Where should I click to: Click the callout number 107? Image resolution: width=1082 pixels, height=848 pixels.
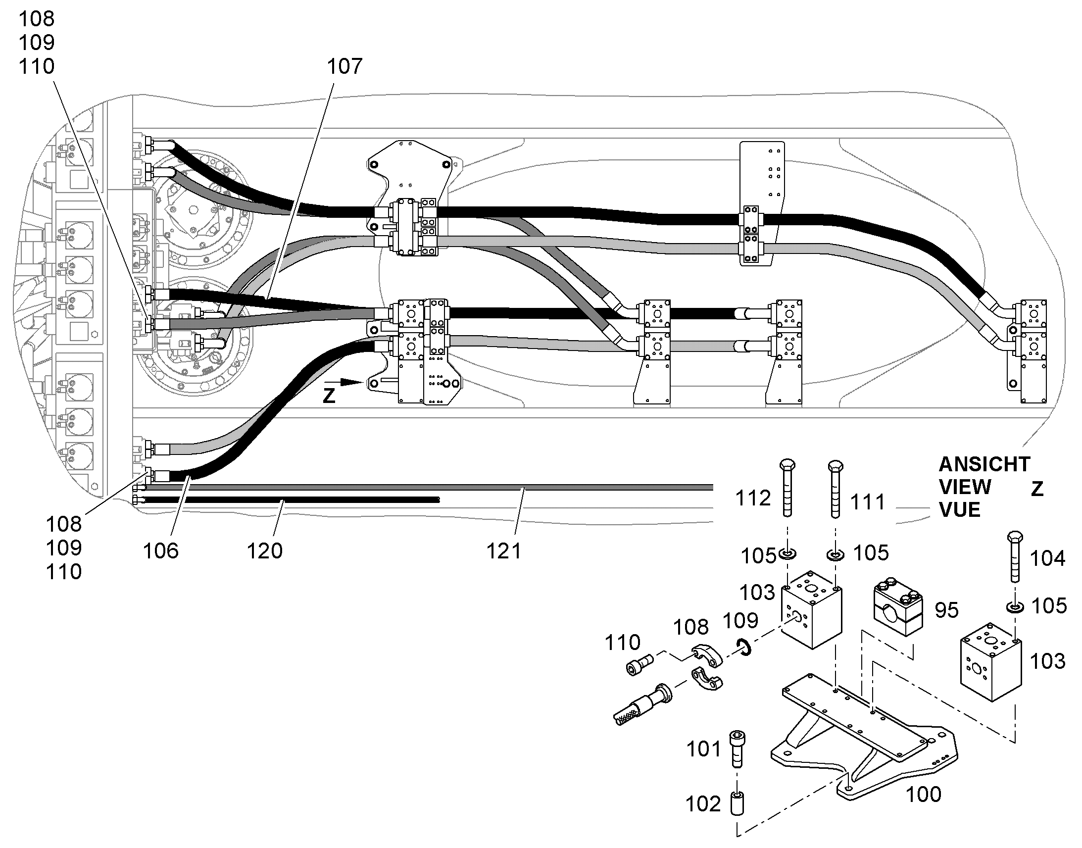pyautogui.click(x=344, y=66)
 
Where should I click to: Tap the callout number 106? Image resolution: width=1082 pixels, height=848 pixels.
pyautogui.click(x=160, y=550)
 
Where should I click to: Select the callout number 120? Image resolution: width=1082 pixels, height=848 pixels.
pyautogui.click(x=264, y=550)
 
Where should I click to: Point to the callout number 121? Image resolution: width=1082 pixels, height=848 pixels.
pyautogui.click(x=504, y=551)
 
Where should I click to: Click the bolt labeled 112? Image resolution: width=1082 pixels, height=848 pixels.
pyautogui.click(x=787, y=488)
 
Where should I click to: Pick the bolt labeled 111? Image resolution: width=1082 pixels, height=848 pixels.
pyautogui.click(x=836, y=489)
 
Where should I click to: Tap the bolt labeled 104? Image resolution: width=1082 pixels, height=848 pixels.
pyautogui.click(x=1015, y=556)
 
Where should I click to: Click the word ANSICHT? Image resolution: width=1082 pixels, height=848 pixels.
pyautogui.click(x=984, y=464)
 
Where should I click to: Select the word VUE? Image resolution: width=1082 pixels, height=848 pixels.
pyautogui.click(x=959, y=510)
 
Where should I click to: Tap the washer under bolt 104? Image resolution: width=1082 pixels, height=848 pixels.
pyautogui.click(x=1015, y=607)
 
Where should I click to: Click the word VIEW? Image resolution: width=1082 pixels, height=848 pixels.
pyautogui.click(x=964, y=487)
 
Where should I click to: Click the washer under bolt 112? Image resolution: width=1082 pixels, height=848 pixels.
pyautogui.click(x=787, y=554)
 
